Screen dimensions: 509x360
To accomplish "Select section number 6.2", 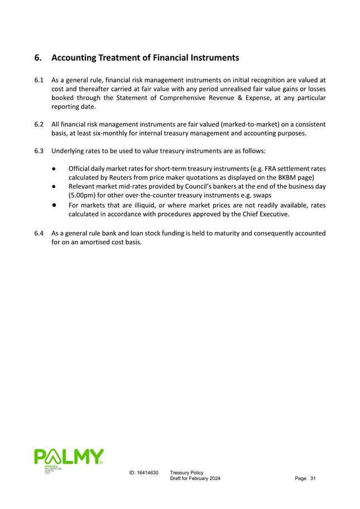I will click(x=39, y=123).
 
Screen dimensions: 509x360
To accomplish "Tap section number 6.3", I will click(x=39, y=151).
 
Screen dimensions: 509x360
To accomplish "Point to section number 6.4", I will click(x=39, y=233).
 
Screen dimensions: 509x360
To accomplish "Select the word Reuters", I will click(x=121, y=178).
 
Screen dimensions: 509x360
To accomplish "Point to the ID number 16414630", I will click(x=143, y=473).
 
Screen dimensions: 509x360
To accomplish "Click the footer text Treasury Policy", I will click(x=186, y=473).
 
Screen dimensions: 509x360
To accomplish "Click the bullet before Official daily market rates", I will click(x=55, y=169).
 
